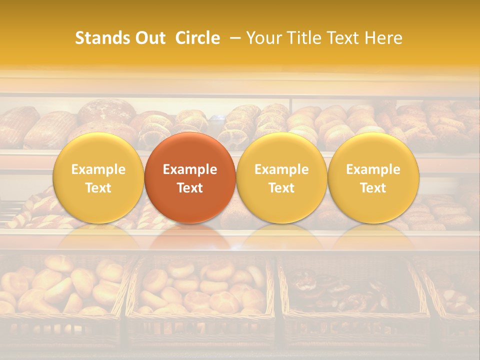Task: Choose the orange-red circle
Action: coord(190,178)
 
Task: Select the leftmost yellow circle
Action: coord(98,178)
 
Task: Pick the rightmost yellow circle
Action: coord(373,178)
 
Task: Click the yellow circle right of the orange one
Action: coord(281,178)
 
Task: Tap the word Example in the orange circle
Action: coord(190,169)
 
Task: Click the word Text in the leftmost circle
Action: coord(98,188)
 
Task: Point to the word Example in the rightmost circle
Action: coord(373,169)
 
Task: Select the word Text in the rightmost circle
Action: coord(373,188)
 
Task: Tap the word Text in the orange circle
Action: coord(190,188)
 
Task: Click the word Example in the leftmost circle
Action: coord(98,169)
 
